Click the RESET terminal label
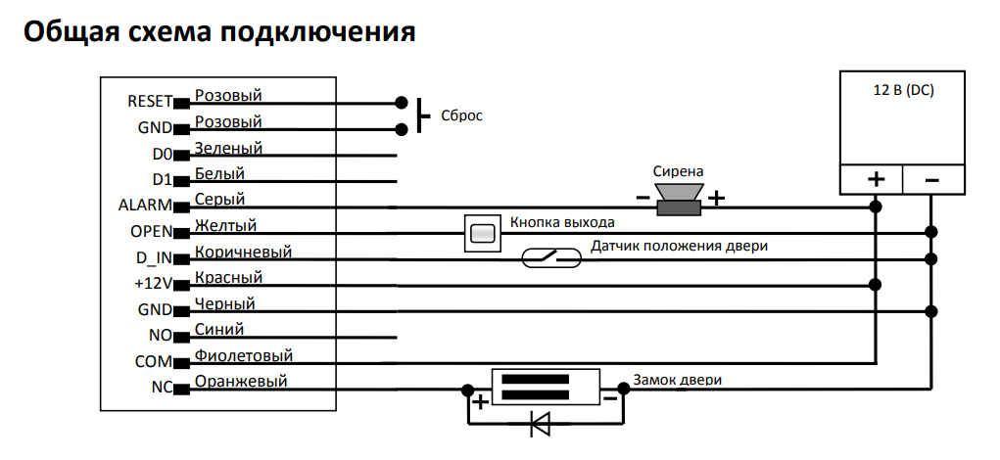point(150,102)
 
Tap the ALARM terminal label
point(145,206)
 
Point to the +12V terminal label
point(154,284)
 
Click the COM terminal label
point(154,362)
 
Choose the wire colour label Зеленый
point(228,148)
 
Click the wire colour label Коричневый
point(243,252)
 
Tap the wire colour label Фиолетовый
point(244,355)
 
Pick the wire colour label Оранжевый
point(241,381)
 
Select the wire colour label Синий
point(219,329)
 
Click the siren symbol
point(679,199)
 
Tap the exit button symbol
point(482,233)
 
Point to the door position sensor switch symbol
point(551,257)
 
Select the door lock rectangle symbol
point(546,388)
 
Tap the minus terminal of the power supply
point(933,180)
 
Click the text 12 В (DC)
point(903,90)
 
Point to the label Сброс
point(461,115)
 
